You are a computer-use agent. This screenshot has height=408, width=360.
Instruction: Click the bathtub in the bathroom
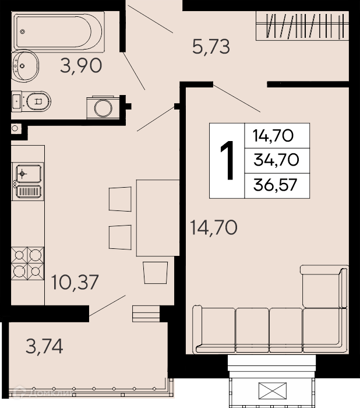point(58,31)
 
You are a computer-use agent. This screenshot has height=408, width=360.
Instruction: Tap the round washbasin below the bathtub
point(24,65)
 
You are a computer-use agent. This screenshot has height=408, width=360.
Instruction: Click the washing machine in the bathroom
point(103,108)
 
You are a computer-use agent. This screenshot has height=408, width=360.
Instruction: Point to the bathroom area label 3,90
point(81,65)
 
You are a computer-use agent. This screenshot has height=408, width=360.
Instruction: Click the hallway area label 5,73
point(211,47)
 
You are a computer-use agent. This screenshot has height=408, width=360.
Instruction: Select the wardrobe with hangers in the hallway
point(302,26)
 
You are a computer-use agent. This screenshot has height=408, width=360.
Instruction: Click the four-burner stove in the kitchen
point(27,263)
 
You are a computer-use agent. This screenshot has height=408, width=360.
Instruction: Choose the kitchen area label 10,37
point(75,282)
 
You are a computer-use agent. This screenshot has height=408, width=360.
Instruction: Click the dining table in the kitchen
point(158,218)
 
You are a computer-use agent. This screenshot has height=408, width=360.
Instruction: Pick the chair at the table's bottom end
point(156,272)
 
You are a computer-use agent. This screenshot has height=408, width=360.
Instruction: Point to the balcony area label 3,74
point(44,346)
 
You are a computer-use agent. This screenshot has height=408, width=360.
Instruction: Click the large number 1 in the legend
point(227,160)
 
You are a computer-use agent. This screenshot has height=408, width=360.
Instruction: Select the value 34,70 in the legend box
point(276,160)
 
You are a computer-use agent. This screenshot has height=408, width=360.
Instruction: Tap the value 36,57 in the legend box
point(275,185)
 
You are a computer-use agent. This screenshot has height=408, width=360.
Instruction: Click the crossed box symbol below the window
point(273,391)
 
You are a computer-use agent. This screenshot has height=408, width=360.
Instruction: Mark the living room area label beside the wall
point(214,227)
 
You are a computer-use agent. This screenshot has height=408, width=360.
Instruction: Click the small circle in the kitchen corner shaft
point(15,128)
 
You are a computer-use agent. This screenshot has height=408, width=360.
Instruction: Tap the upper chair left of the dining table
point(120,199)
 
